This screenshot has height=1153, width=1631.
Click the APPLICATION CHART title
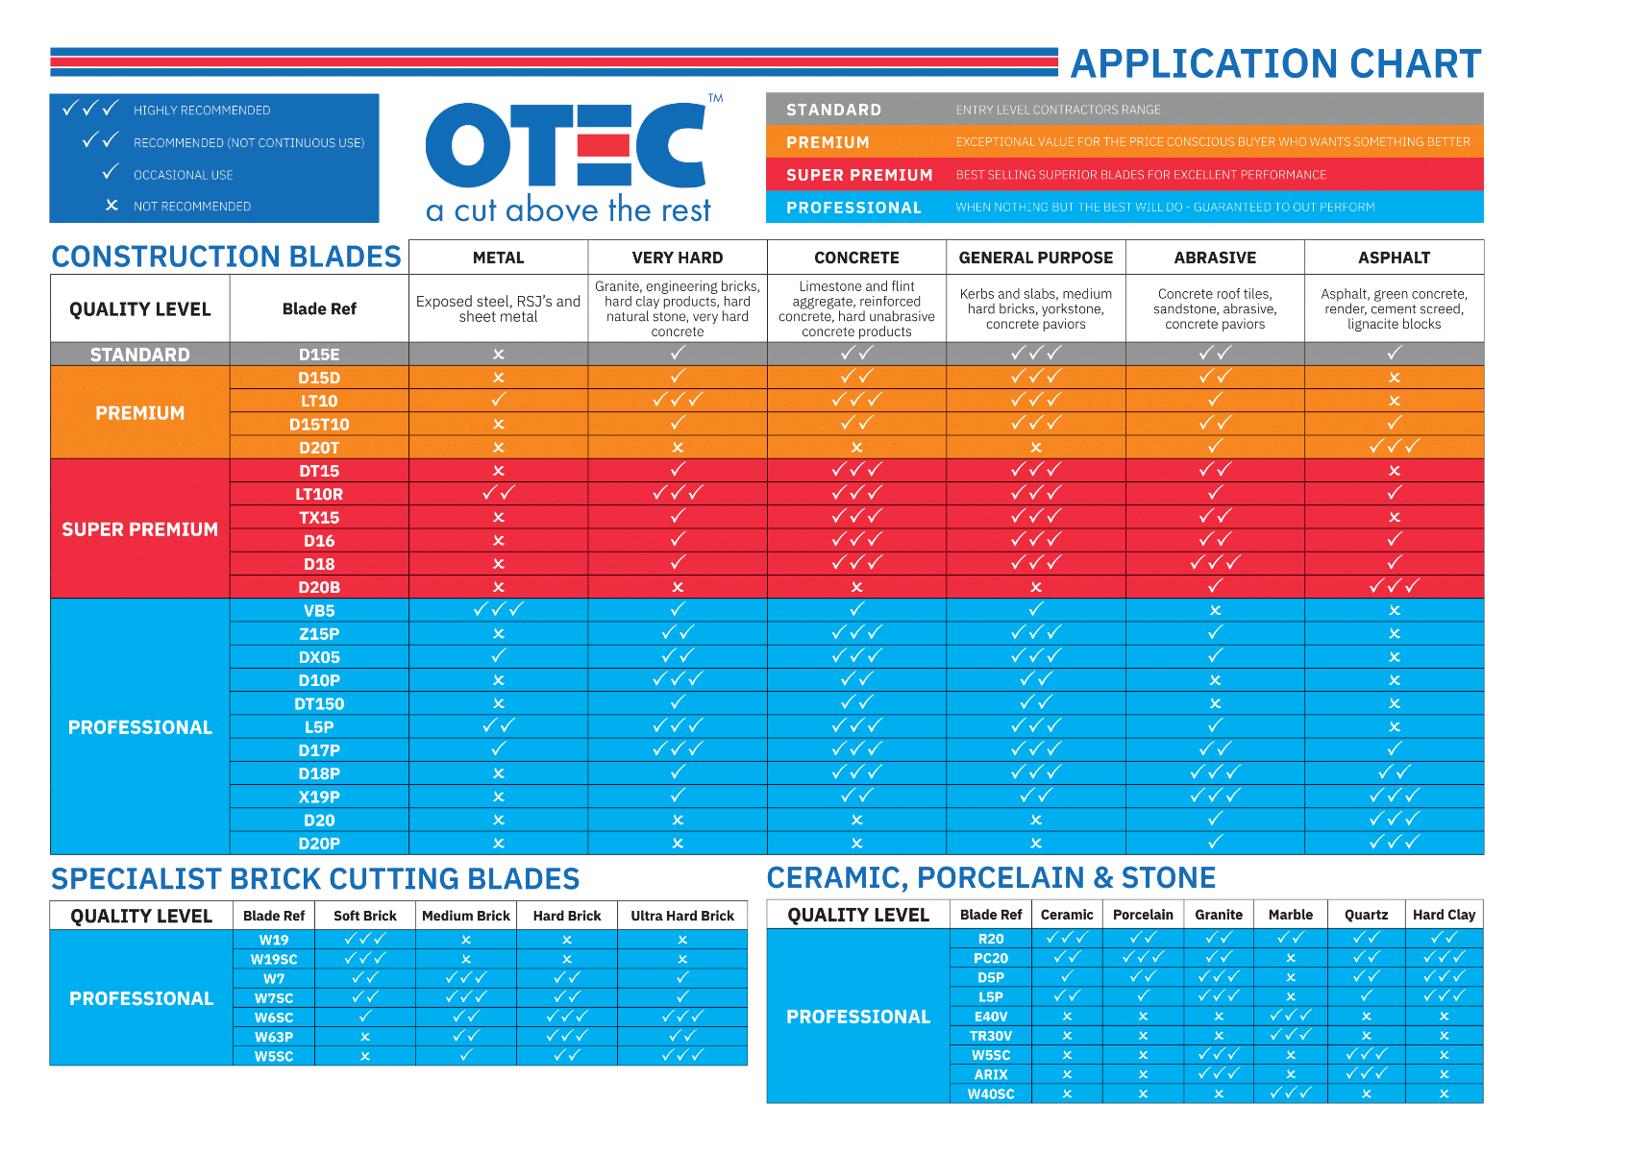[1275, 63]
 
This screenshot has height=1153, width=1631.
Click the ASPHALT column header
[1394, 258]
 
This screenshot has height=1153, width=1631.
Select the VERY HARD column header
[677, 258]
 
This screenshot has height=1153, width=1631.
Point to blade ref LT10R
[319, 494]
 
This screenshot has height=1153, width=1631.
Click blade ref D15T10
[319, 425]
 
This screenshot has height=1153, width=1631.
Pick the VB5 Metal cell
[498, 610]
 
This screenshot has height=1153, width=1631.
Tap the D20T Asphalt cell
[1394, 447]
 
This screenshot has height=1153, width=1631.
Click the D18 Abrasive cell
[1215, 563]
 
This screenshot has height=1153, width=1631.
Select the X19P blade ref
[319, 797]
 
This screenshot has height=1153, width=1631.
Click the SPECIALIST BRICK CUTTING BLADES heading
[315, 879]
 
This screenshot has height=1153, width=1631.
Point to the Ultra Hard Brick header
[681, 916]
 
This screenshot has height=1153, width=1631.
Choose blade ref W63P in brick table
[274, 1037]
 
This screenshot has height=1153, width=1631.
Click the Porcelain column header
[1143, 915]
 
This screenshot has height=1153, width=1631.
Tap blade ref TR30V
[991, 1036]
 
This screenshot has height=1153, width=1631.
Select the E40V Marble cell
[1290, 1016]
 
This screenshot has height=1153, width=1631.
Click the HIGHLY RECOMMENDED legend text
[202, 110]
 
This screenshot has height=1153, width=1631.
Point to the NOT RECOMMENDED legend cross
[111, 206]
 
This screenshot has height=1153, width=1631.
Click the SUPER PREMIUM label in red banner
[859, 175]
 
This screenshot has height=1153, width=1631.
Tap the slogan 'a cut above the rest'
[568, 209]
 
